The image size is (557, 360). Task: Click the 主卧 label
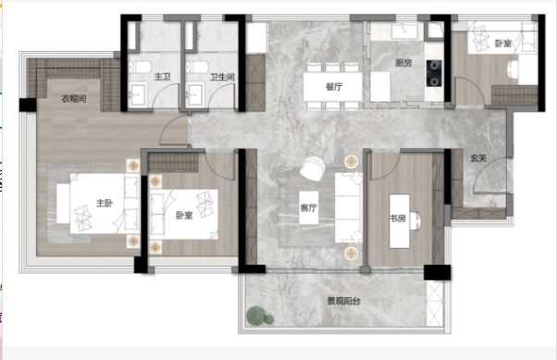tap(105, 203)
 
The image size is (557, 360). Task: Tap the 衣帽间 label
tap(74, 98)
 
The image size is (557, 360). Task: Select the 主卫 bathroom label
tap(163, 77)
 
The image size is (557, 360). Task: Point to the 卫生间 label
tap(222, 77)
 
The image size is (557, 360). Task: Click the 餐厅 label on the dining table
tap(334, 86)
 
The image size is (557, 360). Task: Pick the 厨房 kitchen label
tap(403, 63)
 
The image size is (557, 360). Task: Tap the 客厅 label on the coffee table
tap(308, 207)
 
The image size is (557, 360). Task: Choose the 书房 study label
tap(398, 218)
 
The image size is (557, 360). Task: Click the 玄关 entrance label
tap(478, 158)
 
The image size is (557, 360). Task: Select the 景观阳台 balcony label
tap(344, 301)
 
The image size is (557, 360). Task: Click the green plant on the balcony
tap(260, 316)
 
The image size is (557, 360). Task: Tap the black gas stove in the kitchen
tap(434, 73)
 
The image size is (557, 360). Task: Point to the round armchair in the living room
tap(312, 168)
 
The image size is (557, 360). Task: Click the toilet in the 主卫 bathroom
tap(140, 67)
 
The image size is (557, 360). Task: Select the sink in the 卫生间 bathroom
tap(195, 94)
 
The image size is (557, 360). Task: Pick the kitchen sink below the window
tap(404, 31)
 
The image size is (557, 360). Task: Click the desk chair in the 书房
tap(416, 221)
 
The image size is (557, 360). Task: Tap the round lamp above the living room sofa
tap(351, 161)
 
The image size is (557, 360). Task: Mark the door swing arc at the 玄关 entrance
tap(484, 170)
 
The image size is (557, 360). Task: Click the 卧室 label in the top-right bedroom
tap(503, 43)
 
